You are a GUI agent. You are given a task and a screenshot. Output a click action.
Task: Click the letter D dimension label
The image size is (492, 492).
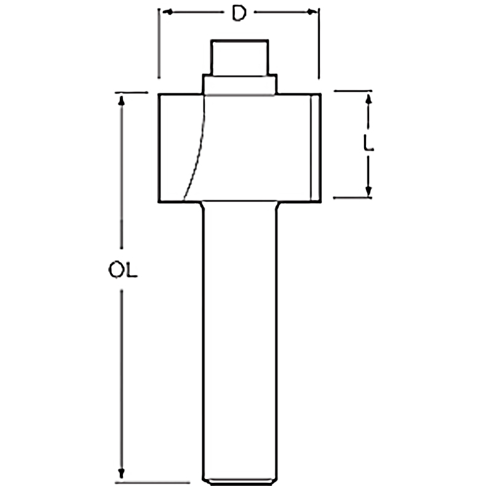click(x=239, y=13)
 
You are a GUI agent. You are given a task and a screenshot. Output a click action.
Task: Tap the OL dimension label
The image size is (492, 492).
click(x=122, y=271)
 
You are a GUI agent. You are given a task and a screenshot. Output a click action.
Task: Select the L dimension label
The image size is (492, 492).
click(x=368, y=143)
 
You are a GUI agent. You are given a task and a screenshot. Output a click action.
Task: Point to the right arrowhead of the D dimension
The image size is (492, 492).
click(x=312, y=12)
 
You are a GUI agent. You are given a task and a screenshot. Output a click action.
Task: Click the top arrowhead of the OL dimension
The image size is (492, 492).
click(x=121, y=100)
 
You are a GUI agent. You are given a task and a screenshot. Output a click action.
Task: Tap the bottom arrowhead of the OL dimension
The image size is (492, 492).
click(x=121, y=474)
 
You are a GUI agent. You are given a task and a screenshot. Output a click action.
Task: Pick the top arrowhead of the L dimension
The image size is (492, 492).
click(x=368, y=98)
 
